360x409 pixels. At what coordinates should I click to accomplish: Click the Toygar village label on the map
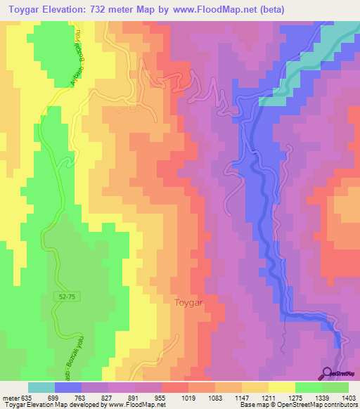(x=188, y=303)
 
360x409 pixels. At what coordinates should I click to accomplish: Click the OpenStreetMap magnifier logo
(x=327, y=373)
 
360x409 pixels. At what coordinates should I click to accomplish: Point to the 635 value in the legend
(x=20, y=398)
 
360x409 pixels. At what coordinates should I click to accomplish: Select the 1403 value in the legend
(x=349, y=398)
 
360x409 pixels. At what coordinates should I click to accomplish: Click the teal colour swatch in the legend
(x=41, y=387)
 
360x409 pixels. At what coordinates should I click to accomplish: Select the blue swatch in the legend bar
(x=68, y=387)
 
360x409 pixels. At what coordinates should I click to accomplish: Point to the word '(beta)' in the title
(x=289, y=10)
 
